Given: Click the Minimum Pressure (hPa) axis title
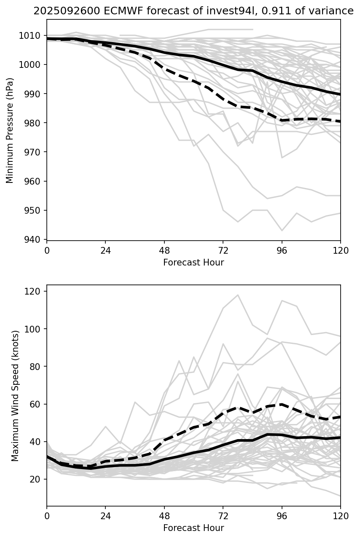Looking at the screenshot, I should [x=10, y=130].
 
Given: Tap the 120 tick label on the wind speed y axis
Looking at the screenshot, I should [x=35, y=292].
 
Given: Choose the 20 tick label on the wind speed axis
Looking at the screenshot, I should [x=37, y=480].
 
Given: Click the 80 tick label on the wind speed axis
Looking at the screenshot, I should [x=37, y=367].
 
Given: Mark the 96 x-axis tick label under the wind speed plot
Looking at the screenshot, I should [x=282, y=516].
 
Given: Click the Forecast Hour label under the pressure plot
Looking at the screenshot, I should [x=193, y=263].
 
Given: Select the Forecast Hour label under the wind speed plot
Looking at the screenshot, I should [x=193, y=528].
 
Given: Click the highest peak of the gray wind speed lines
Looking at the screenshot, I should [x=238, y=295].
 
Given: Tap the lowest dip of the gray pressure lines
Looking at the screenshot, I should [x=282, y=231].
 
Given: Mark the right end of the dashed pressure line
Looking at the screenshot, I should [x=340, y=121].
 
